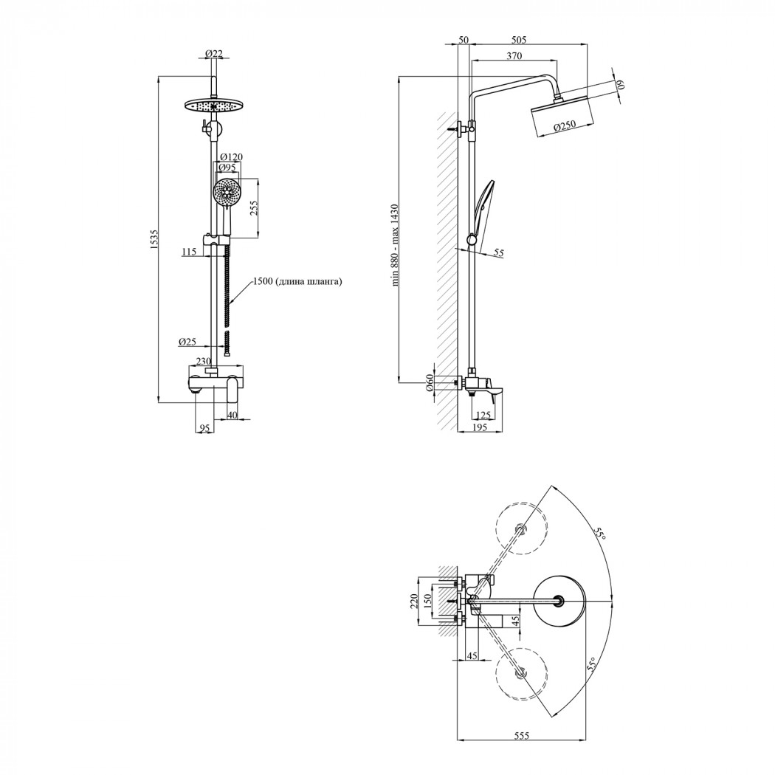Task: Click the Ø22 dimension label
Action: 213,53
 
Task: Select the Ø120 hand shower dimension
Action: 232,157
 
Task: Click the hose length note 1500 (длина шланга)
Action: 297,282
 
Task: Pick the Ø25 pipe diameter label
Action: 187,342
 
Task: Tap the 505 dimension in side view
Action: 518,40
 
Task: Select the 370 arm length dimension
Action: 514,56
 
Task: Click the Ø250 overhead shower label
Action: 564,126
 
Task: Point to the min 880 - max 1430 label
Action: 395,245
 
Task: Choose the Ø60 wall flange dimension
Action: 430,382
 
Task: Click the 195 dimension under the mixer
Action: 480,427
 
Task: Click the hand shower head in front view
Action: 227,192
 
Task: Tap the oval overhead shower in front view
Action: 214,106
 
